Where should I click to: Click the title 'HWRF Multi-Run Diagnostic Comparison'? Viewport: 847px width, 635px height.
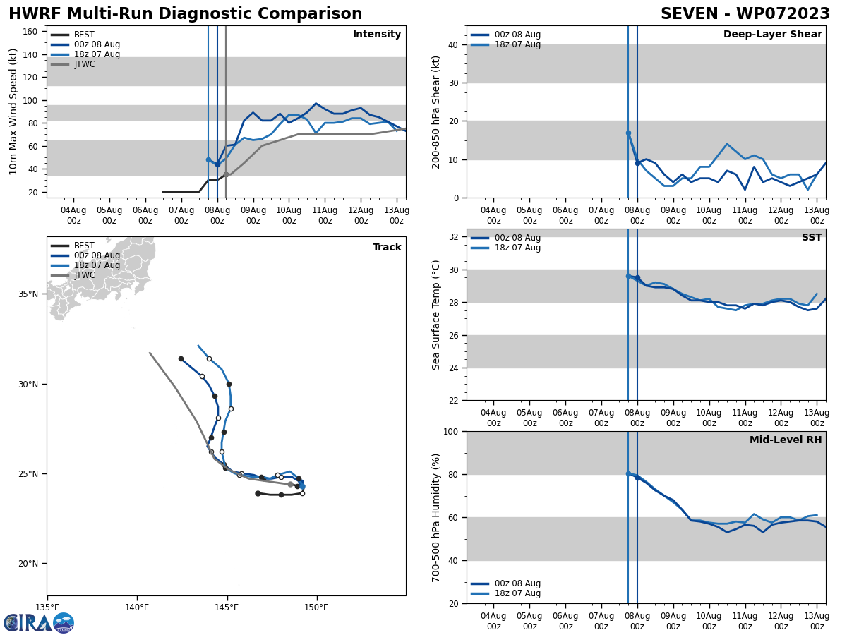coord(185,14)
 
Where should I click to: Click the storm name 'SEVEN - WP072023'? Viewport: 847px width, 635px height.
coord(745,14)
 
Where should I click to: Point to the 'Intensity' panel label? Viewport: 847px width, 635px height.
coord(377,35)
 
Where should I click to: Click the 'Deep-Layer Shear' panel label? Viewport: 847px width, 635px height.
coord(772,35)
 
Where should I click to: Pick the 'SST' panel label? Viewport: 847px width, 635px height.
coord(812,238)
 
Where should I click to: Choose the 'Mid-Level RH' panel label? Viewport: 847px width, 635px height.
coord(786,440)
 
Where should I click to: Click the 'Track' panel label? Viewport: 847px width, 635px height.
coord(387,248)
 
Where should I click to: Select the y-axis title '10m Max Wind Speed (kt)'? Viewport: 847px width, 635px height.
coord(14,111)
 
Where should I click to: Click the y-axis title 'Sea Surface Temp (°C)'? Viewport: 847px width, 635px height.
coord(436,315)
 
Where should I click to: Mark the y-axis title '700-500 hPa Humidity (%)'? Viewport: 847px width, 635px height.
coord(436,517)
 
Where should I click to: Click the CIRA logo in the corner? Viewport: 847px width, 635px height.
coord(39,622)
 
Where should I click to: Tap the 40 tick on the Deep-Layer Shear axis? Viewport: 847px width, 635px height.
coord(453,45)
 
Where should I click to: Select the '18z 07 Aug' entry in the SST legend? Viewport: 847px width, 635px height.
coord(517,248)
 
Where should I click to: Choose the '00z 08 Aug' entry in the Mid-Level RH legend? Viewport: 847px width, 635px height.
coord(517,583)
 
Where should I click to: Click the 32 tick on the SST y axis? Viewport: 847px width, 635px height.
coord(453,237)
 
